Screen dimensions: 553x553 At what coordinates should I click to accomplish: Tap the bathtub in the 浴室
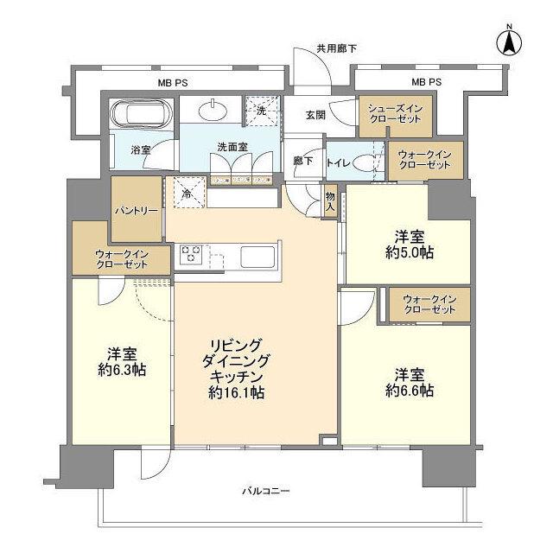coord(143,114)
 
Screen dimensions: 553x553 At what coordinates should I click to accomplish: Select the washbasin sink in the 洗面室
coord(212,110)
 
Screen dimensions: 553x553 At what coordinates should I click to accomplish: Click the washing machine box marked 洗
coord(257,110)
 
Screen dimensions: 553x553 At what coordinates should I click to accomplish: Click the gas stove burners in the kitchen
coord(191,256)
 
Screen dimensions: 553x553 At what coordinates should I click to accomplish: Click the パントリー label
coord(135,209)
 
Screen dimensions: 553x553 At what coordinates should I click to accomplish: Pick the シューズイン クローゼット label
coord(395,112)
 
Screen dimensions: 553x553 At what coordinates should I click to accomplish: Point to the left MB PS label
coord(173,82)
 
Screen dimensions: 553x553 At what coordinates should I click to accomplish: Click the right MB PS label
coord(426,82)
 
